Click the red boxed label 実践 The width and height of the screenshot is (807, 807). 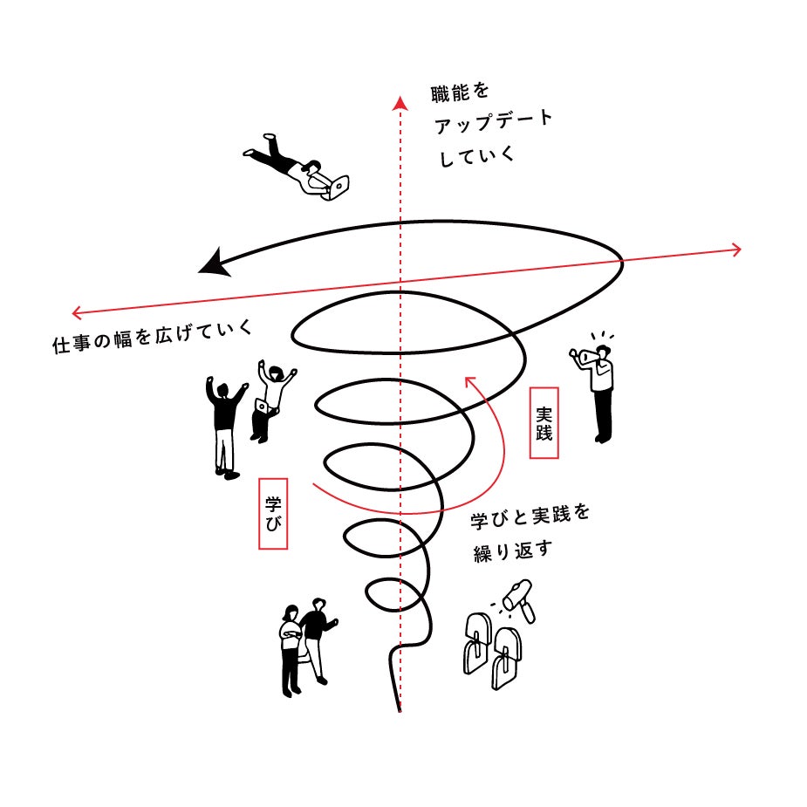544,421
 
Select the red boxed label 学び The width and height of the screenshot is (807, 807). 273,512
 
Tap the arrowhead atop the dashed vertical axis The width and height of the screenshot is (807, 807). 400,103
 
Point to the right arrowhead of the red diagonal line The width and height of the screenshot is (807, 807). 736,250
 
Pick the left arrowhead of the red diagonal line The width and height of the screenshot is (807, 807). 77,311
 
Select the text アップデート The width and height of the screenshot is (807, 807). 493,124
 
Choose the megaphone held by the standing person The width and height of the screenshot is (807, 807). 585,356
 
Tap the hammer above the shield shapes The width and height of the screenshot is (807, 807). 521,596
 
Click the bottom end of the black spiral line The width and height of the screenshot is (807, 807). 400,708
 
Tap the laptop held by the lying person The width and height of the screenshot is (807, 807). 339,185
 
